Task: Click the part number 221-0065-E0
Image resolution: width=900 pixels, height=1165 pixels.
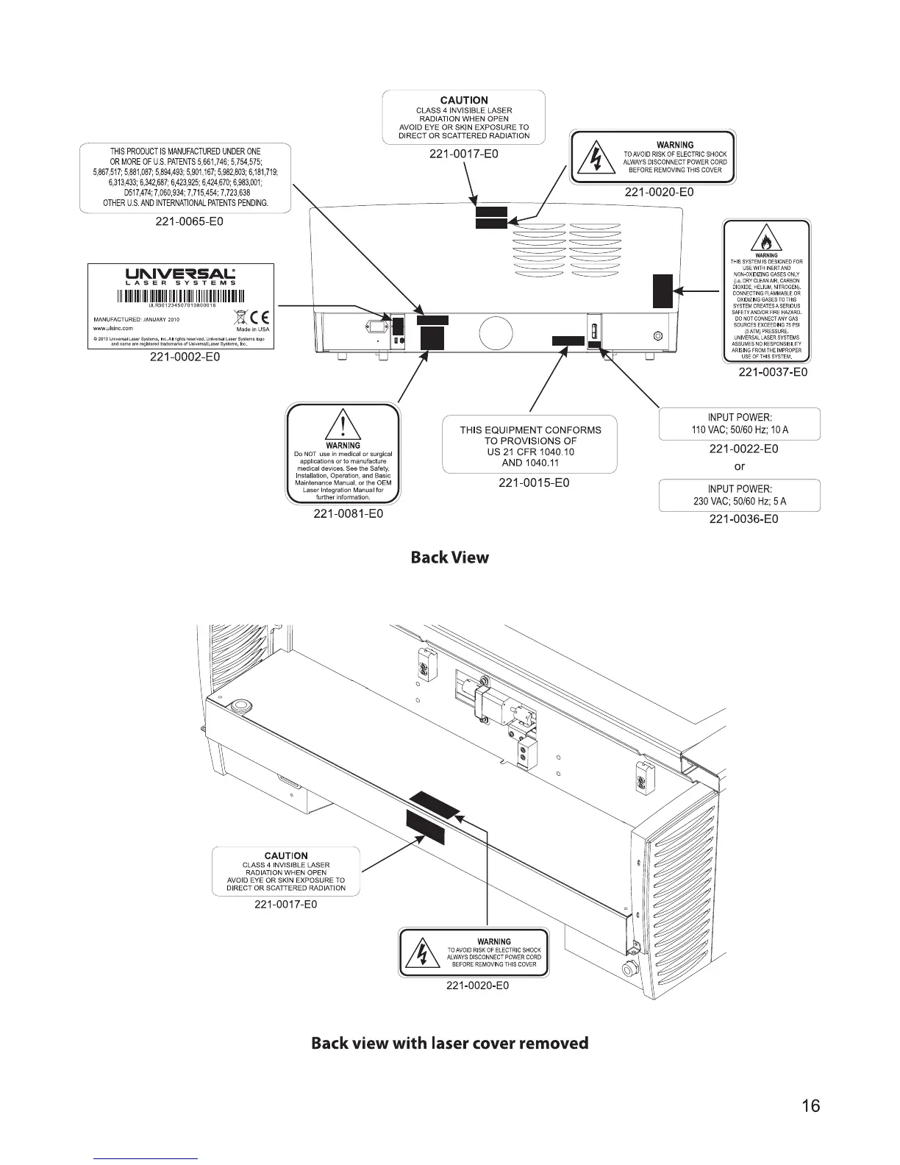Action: click(185, 221)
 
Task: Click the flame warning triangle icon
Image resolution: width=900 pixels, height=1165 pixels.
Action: click(766, 241)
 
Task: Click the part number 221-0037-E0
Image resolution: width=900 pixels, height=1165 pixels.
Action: click(773, 372)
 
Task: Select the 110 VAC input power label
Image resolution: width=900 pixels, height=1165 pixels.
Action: click(739, 424)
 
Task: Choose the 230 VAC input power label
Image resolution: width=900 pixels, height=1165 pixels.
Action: click(739, 495)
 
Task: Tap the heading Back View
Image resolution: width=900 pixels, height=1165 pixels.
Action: click(449, 557)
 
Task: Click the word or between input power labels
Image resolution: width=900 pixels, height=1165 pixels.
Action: click(740, 466)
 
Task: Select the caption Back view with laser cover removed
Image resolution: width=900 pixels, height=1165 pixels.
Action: click(449, 1043)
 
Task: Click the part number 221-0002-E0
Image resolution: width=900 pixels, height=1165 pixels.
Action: click(185, 357)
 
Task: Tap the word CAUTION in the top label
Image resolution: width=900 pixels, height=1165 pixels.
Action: click(464, 100)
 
